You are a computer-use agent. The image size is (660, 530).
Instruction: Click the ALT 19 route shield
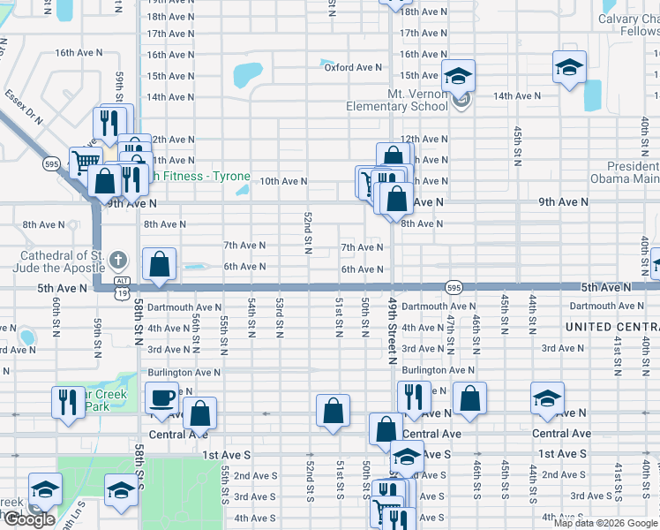(122, 281)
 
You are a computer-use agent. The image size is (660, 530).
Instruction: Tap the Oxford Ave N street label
(353, 67)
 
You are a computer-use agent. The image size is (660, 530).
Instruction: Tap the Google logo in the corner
(28, 519)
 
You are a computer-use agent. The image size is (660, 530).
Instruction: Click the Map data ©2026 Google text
(605, 523)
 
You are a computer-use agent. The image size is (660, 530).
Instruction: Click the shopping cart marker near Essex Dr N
(86, 162)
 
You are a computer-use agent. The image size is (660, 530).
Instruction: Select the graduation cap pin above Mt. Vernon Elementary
(458, 75)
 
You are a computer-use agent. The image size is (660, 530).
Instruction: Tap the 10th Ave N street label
(283, 181)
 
